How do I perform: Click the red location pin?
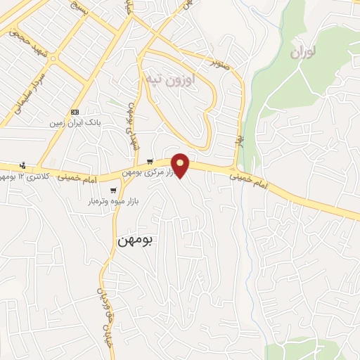click(181, 165)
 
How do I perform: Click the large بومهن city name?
click(136, 240)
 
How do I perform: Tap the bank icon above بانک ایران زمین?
click(75, 112)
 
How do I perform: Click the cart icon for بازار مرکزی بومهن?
click(149, 162)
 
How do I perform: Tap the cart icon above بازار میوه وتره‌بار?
click(113, 191)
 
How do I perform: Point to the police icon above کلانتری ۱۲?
click(23, 165)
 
